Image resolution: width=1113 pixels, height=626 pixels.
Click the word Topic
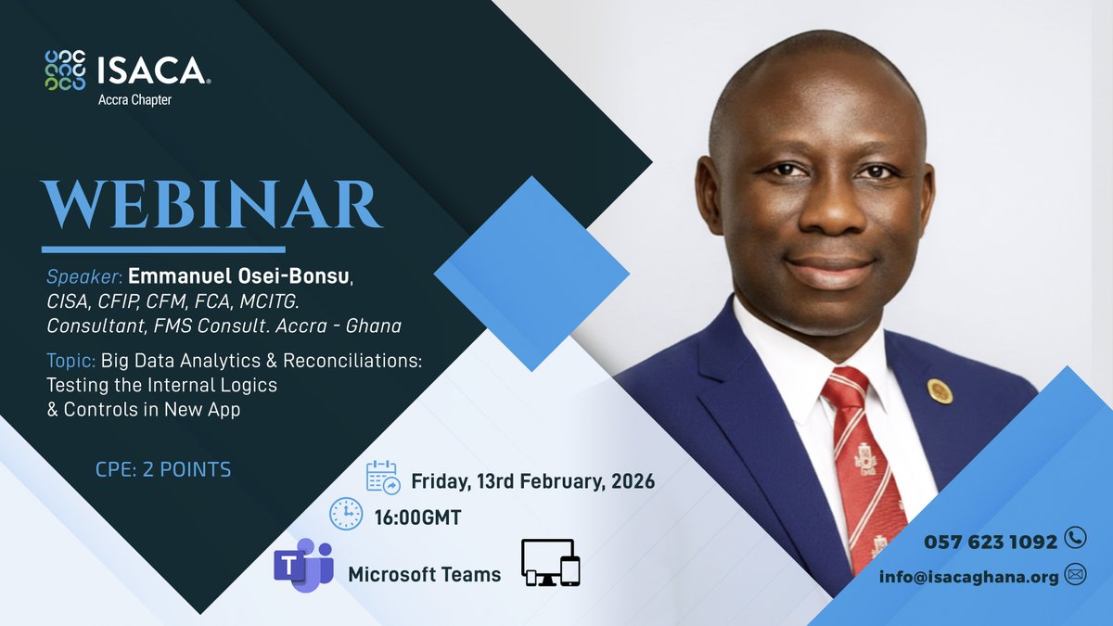(x=70, y=362)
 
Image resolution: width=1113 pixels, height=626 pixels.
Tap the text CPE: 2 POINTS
(x=163, y=470)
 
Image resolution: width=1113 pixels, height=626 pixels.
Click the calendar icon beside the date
(x=383, y=478)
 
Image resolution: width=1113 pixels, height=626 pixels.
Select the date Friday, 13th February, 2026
(x=532, y=482)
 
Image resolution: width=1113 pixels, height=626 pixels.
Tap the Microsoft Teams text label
(x=424, y=575)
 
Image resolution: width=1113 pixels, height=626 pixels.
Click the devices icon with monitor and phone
(x=551, y=563)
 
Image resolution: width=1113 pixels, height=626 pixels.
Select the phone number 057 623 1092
(x=991, y=542)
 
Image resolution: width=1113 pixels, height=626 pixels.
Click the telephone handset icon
(x=1075, y=538)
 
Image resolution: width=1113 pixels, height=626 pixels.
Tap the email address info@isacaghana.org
(x=969, y=577)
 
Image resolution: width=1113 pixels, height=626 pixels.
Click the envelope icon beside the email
(x=1076, y=575)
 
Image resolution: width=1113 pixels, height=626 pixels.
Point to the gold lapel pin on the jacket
(x=940, y=390)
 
